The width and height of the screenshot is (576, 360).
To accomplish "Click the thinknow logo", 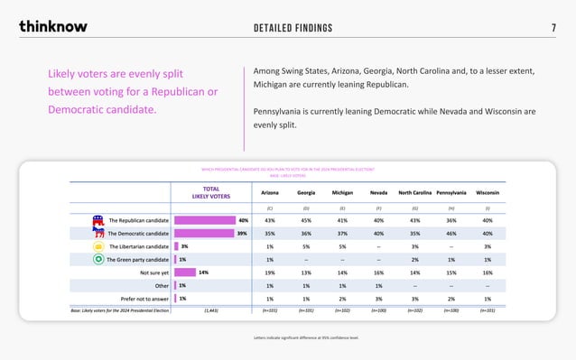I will point(53,26).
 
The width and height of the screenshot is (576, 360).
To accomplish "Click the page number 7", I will point(553,27).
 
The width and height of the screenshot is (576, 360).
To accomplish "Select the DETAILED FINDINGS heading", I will point(293,27).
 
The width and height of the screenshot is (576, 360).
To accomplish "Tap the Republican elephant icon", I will point(98,219).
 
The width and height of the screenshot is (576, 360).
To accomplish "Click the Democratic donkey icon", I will point(98,233).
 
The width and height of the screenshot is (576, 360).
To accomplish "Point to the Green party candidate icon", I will point(98,259).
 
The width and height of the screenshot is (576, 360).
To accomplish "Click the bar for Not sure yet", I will point(184,272).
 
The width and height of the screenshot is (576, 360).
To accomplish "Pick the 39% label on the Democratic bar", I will point(243,233).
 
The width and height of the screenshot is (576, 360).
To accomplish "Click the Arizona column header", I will point(269,192).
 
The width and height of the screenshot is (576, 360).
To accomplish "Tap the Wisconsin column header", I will point(488,192).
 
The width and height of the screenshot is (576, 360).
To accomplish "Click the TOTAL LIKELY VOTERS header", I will point(210,192).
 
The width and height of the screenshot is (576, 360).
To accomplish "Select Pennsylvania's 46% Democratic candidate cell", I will point(451,233).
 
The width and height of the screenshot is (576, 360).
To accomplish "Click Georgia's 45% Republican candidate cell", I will point(306,220).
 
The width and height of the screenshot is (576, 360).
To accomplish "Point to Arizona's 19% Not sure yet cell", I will point(269,272).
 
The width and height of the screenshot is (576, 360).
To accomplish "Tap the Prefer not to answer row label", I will point(144,298).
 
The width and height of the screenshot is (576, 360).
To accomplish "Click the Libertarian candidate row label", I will point(138,245).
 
